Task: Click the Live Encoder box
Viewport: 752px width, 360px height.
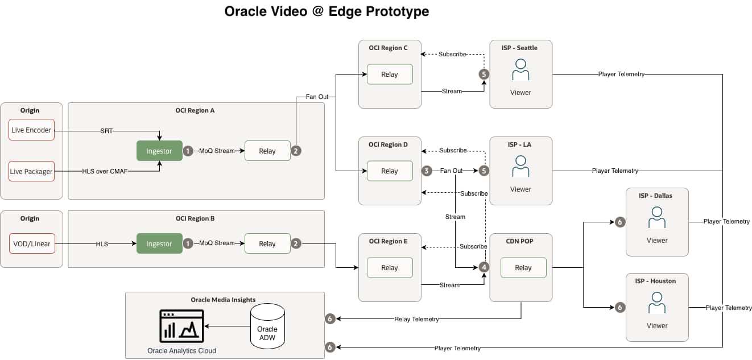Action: pyautogui.click(x=31, y=130)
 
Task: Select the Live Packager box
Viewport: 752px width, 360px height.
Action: pyautogui.click(x=31, y=171)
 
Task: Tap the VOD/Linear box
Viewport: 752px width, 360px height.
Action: pyautogui.click(x=31, y=243)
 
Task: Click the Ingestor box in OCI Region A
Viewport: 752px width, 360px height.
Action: pyautogui.click(x=159, y=151)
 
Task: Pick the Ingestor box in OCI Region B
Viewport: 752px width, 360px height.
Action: pyautogui.click(x=159, y=243)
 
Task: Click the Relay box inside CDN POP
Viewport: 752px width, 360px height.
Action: pyautogui.click(x=523, y=267)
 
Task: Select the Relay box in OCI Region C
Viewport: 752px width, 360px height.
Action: pyautogui.click(x=390, y=74)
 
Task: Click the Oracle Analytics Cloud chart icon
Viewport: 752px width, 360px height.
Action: pyautogui.click(x=181, y=326)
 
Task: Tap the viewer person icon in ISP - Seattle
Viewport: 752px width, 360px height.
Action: pyautogui.click(x=520, y=71)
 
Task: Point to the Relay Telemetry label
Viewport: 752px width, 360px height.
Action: pyautogui.click(x=416, y=319)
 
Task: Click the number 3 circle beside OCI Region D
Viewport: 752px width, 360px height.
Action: pyautogui.click(x=427, y=171)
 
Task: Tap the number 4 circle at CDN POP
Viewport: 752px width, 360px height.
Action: pyautogui.click(x=484, y=267)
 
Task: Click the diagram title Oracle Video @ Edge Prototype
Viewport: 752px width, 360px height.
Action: pyautogui.click(x=327, y=11)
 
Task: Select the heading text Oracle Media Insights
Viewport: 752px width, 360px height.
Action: pyautogui.click(x=223, y=300)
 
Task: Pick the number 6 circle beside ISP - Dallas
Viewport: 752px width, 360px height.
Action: pyautogui.click(x=620, y=222)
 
